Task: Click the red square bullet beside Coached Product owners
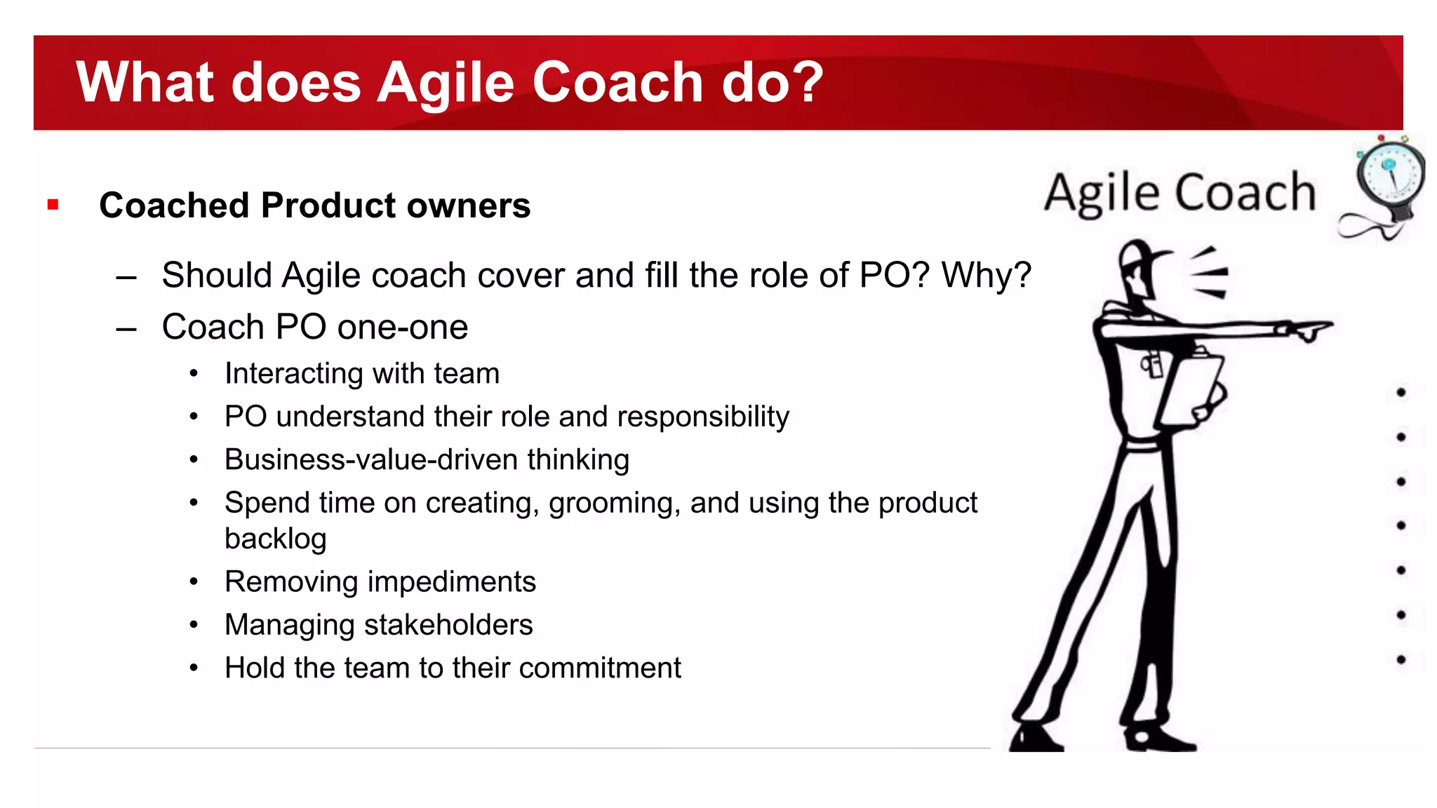[53, 205]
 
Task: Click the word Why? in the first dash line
[986, 275]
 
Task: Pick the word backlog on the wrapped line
[275, 539]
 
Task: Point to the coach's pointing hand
[1309, 330]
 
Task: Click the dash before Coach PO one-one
[126, 328]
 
